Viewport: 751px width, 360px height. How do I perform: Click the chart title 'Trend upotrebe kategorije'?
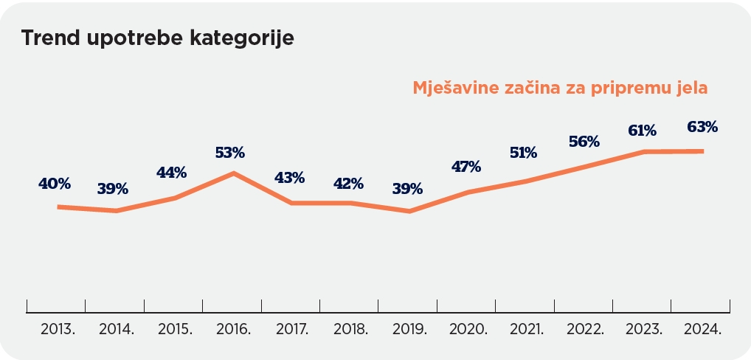pyautogui.click(x=157, y=38)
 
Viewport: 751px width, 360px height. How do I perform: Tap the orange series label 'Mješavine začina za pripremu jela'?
pyautogui.click(x=560, y=88)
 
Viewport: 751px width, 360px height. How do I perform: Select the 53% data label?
pyautogui.click(x=230, y=153)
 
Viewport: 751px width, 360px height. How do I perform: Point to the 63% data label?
pyautogui.click(x=702, y=127)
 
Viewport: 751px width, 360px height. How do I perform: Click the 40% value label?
pyautogui.click(x=55, y=183)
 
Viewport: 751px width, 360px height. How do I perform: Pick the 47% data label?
pyautogui.click(x=466, y=167)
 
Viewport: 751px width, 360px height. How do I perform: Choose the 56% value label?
pyautogui.click(x=584, y=142)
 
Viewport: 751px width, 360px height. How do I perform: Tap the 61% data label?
pyautogui.click(x=642, y=131)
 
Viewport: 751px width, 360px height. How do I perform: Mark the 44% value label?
pyautogui.click(x=171, y=173)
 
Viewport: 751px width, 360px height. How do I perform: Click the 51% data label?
pyautogui.click(x=524, y=153)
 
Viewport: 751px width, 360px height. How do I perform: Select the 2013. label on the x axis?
pyautogui.click(x=58, y=330)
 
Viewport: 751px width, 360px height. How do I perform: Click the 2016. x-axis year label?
pyautogui.click(x=234, y=330)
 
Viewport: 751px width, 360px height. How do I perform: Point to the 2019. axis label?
pyautogui.click(x=409, y=330)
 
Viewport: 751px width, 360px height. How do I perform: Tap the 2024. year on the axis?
pyautogui.click(x=702, y=330)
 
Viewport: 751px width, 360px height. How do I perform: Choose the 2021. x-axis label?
pyautogui.click(x=526, y=330)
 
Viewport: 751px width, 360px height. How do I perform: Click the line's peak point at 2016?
pyautogui.click(x=234, y=173)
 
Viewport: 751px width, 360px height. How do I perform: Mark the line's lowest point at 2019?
pyautogui.click(x=409, y=212)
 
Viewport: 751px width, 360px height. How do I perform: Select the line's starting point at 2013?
pyautogui.click(x=58, y=207)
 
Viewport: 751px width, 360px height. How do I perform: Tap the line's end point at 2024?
pyautogui.click(x=702, y=151)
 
